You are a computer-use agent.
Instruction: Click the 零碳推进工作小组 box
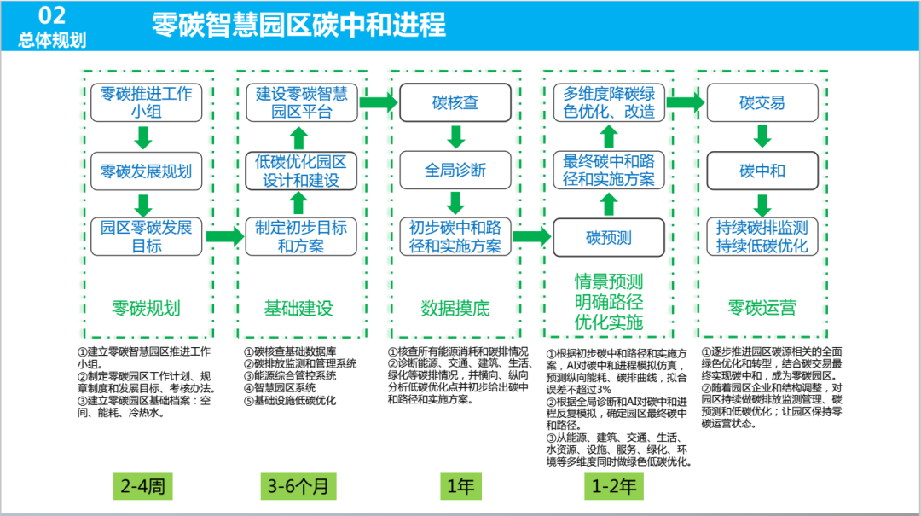pos(147,103)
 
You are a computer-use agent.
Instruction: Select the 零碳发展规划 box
pos(147,171)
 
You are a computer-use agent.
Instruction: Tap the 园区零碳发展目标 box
pos(147,237)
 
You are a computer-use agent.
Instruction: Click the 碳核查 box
pos(455,103)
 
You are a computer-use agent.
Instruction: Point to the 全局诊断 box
pos(455,170)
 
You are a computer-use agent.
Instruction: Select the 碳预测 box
pos(608,237)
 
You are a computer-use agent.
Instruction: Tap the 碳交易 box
pos(762,103)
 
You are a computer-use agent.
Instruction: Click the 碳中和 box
pos(762,171)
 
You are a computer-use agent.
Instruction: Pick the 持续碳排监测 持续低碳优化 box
pos(762,237)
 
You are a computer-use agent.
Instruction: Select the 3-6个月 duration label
pos(298,486)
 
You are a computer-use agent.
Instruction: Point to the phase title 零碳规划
pos(146,308)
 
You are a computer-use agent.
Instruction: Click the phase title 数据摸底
pos(455,308)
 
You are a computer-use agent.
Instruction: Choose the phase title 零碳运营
pos(762,308)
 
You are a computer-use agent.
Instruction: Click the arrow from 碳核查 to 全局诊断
pos(455,136)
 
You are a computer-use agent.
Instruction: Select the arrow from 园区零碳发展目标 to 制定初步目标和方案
pos(224,236)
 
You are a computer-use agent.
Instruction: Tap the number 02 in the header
pos(53,14)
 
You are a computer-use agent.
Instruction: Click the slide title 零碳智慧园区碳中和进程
pos(298,25)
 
